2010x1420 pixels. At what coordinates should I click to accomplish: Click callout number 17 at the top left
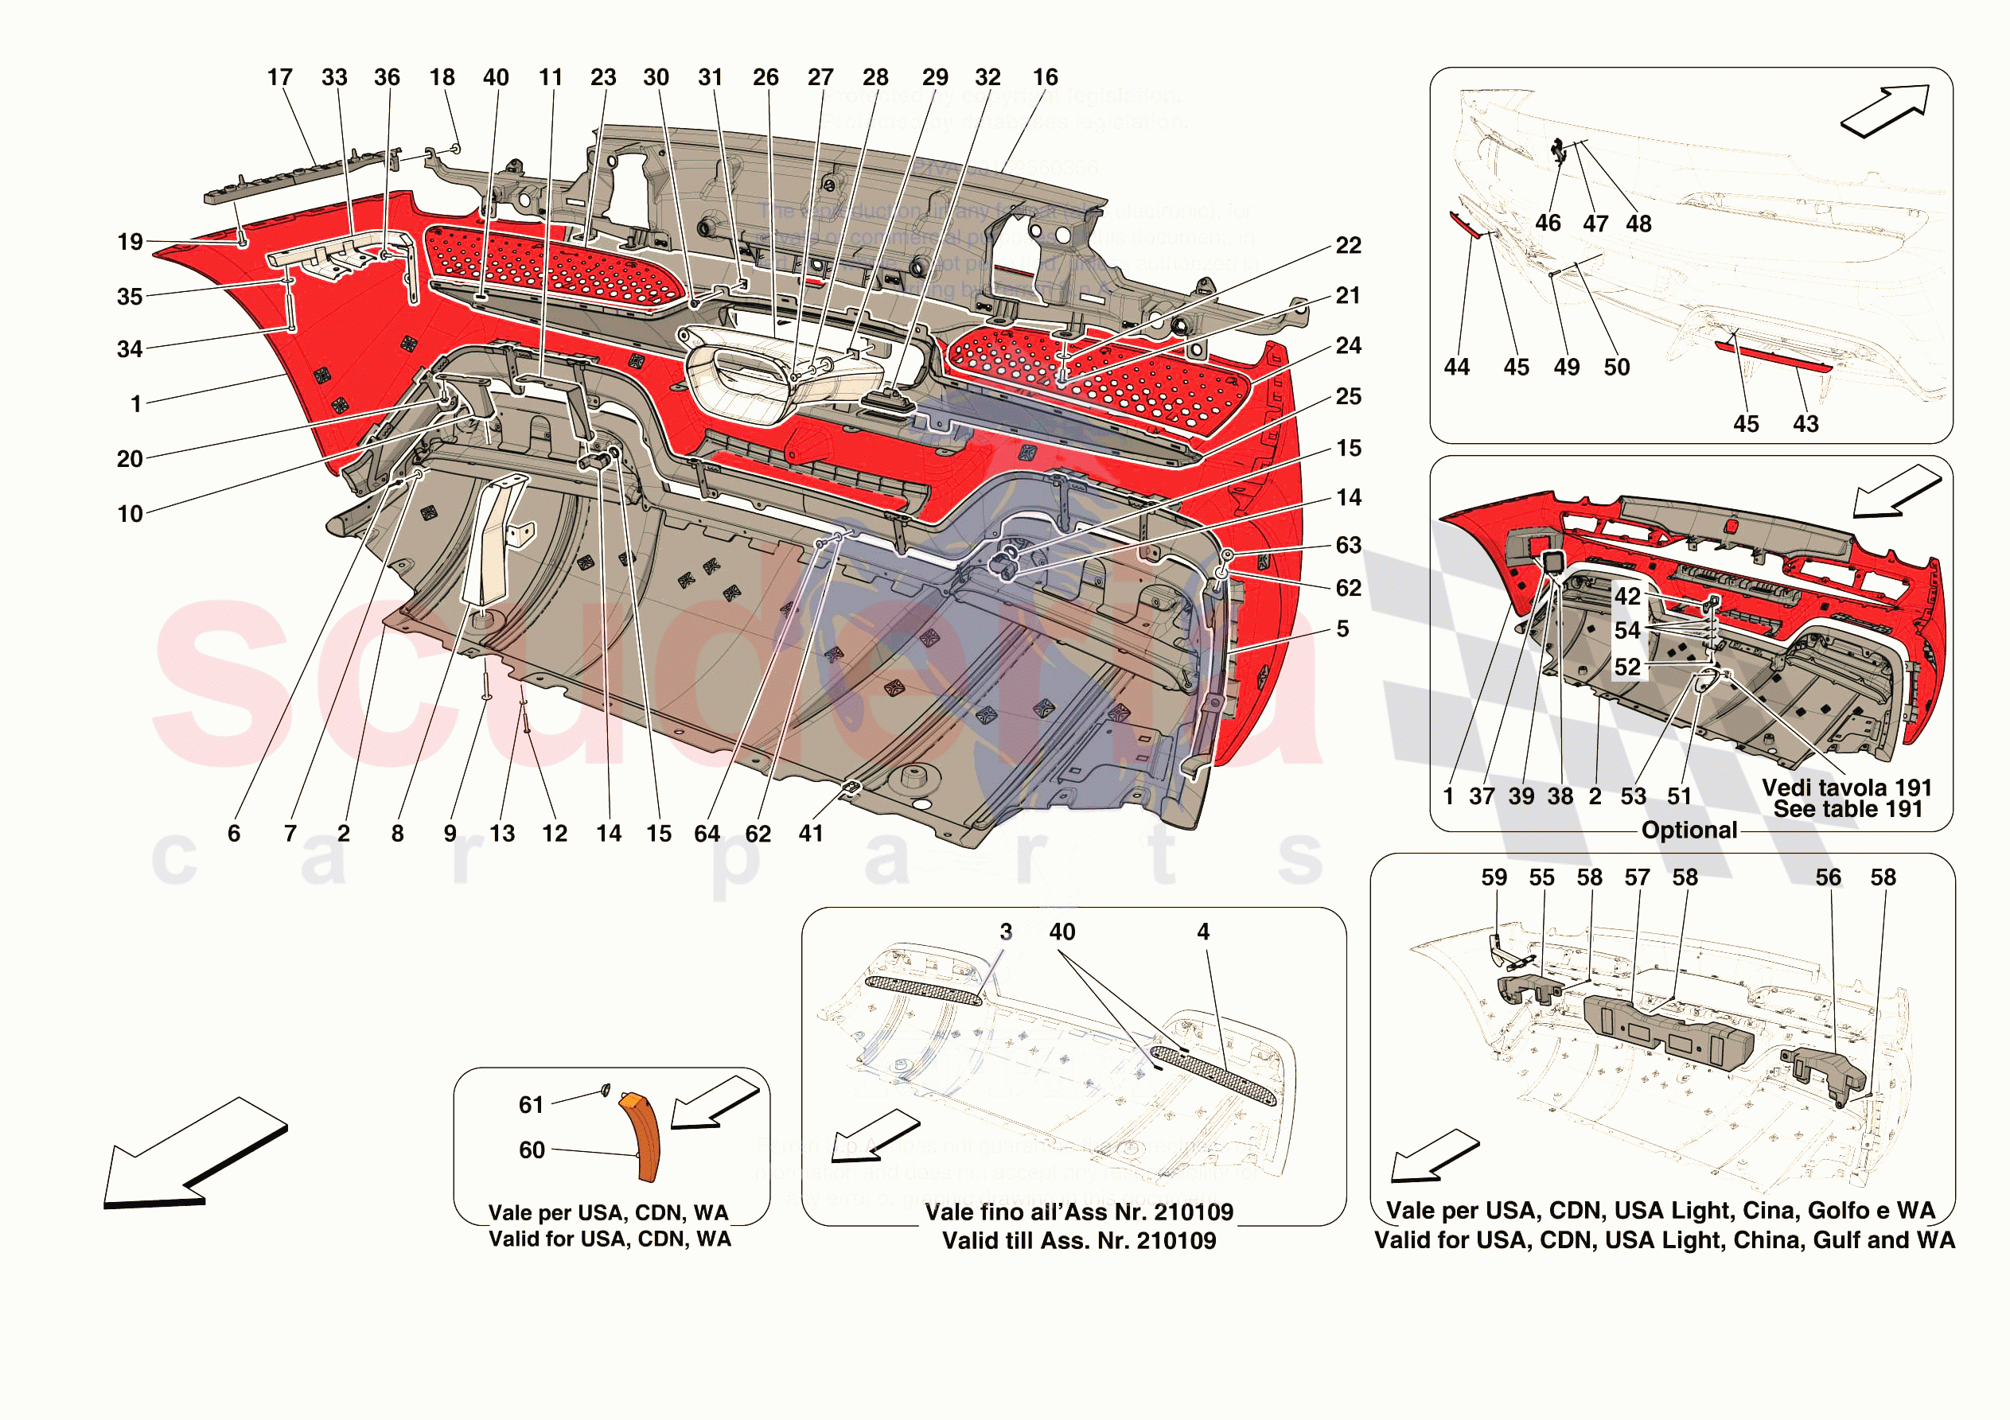pyautogui.click(x=279, y=78)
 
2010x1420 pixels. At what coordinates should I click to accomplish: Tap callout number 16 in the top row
pyautogui.click(x=1045, y=78)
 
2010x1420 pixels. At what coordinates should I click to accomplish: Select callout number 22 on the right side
pyautogui.click(x=1348, y=246)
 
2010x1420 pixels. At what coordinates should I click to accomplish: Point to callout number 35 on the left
pyautogui.click(x=130, y=297)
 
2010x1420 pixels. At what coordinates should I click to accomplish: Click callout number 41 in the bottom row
pyautogui.click(x=811, y=834)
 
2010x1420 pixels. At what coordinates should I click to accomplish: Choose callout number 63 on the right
pyautogui.click(x=1348, y=547)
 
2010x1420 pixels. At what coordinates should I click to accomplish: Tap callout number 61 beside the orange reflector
pyautogui.click(x=532, y=1105)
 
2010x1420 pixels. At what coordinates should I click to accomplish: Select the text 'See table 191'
pyautogui.click(x=1847, y=810)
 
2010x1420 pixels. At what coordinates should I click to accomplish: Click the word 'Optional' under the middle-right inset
pyautogui.click(x=1689, y=830)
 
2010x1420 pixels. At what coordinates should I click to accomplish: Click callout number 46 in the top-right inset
pyautogui.click(x=1548, y=224)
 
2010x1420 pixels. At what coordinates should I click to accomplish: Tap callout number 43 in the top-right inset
pyautogui.click(x=1805, y=425)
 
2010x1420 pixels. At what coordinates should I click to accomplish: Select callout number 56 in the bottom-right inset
pyautogui.click(x=1828, y=877)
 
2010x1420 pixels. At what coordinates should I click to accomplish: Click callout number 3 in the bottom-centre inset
pyautogui.click(x=1006, y=932)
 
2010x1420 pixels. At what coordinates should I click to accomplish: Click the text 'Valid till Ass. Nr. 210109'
pyautogui.click(x=1078, y=1240)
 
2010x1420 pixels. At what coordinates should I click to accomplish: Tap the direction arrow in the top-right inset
pyautogui.click(x=1885, y=111)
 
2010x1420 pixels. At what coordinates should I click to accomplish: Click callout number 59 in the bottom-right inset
pyautogui.click(x=1494, y=877)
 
